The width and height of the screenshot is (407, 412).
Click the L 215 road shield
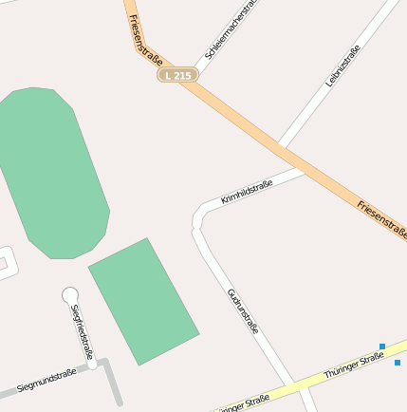177,74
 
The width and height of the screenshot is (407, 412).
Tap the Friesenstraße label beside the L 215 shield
145,41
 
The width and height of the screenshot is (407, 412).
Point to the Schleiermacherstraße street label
231,30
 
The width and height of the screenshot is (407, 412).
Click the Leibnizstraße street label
342,66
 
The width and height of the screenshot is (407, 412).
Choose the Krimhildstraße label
247,192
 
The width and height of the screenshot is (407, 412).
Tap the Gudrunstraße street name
243,310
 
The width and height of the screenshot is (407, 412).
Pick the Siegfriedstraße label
82,333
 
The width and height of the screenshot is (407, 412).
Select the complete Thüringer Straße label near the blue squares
354,365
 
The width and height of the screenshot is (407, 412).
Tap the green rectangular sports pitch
143,300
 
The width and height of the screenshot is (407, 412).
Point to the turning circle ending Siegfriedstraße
69,295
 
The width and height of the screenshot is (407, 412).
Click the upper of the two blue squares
382,346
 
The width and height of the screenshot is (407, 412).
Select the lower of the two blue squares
398,363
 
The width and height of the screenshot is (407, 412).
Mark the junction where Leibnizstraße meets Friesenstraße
282,146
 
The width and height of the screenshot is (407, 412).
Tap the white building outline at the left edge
4,261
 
